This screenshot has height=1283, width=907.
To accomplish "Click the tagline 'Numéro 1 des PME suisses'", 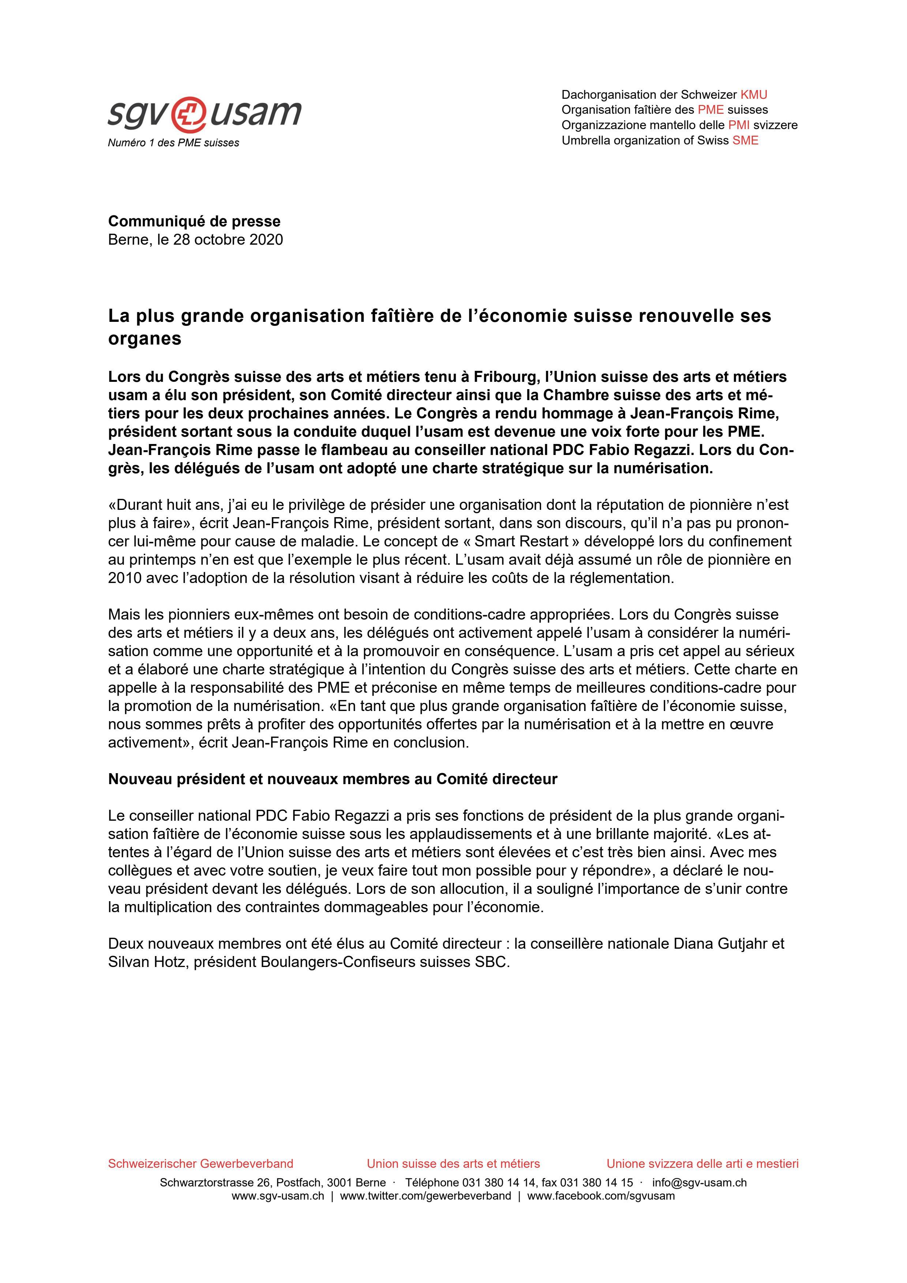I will point(173,143).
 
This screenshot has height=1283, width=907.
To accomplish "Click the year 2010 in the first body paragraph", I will point(125,578).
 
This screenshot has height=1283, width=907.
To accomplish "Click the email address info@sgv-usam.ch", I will point(699,1182).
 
